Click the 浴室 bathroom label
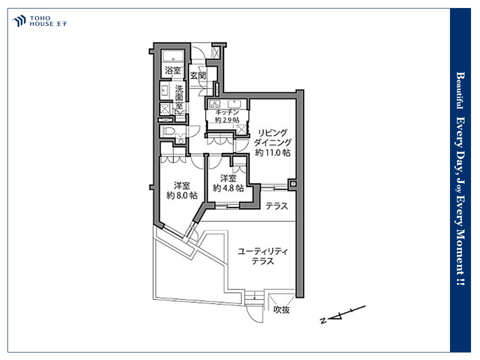[173, 70]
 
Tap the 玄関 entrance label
[198, 75]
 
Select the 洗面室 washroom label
[179, 97]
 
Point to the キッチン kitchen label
[227, 112]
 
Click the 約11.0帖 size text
[272, 152]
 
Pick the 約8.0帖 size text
[182, 195]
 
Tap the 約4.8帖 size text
[228, 187]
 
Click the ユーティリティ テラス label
[263, 256]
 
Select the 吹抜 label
[281, 310]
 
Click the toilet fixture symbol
[169, 131]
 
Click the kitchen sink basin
[234, 104]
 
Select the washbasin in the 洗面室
[164, 91]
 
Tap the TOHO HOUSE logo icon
[19, 21]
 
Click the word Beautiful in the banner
[459, 90]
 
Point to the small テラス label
[276, 206]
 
